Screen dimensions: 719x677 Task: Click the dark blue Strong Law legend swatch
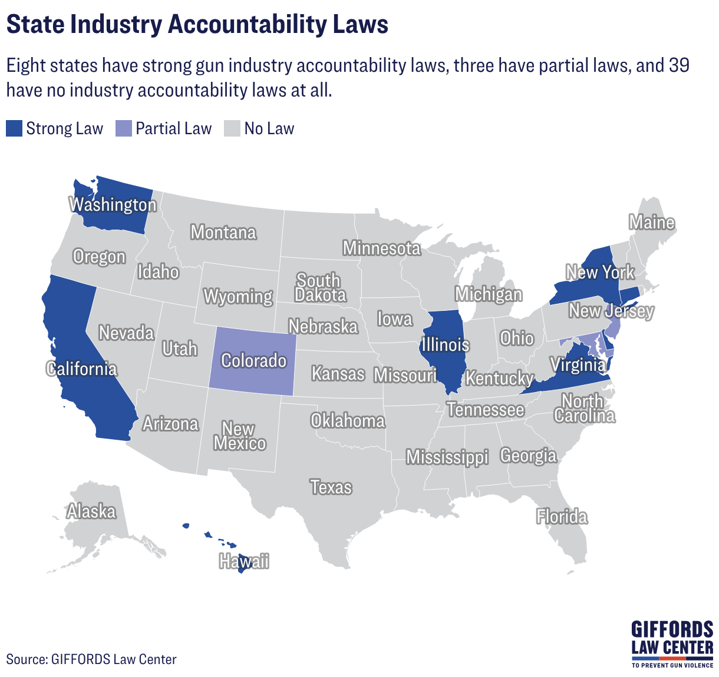pos(14,128)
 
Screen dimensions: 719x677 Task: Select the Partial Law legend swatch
pos(123,128)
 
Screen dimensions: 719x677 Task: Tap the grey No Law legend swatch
pos(232,128)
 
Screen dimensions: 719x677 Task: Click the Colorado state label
pos(254,360)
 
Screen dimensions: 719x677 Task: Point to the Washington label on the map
pos(113,205)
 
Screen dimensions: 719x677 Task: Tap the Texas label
pos(331,487)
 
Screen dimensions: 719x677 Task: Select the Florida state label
pos(562,516)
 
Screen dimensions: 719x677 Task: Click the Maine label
pos(652,222)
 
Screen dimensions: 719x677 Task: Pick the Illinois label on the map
pos(445,344)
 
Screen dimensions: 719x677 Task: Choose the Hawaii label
pos(244,561)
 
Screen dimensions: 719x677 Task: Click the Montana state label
pos(224,232)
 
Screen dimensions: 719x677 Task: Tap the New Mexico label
pos(239,436)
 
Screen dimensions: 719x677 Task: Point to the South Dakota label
pos(320,287)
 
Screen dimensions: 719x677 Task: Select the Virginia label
pos(578,364)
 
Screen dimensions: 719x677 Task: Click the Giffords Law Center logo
pos(672,644)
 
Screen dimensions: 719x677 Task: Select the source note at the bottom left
pos(91,659)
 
